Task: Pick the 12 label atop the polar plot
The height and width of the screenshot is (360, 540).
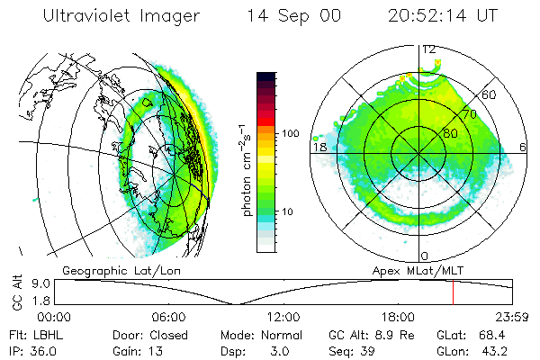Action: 429,49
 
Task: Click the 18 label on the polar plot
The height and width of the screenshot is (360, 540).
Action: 319,147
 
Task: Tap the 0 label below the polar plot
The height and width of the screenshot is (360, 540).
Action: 425,256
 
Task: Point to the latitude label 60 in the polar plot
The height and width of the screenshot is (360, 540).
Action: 489,95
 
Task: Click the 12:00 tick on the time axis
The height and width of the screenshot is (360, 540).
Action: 283,317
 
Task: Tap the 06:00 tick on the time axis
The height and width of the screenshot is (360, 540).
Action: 169,317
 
